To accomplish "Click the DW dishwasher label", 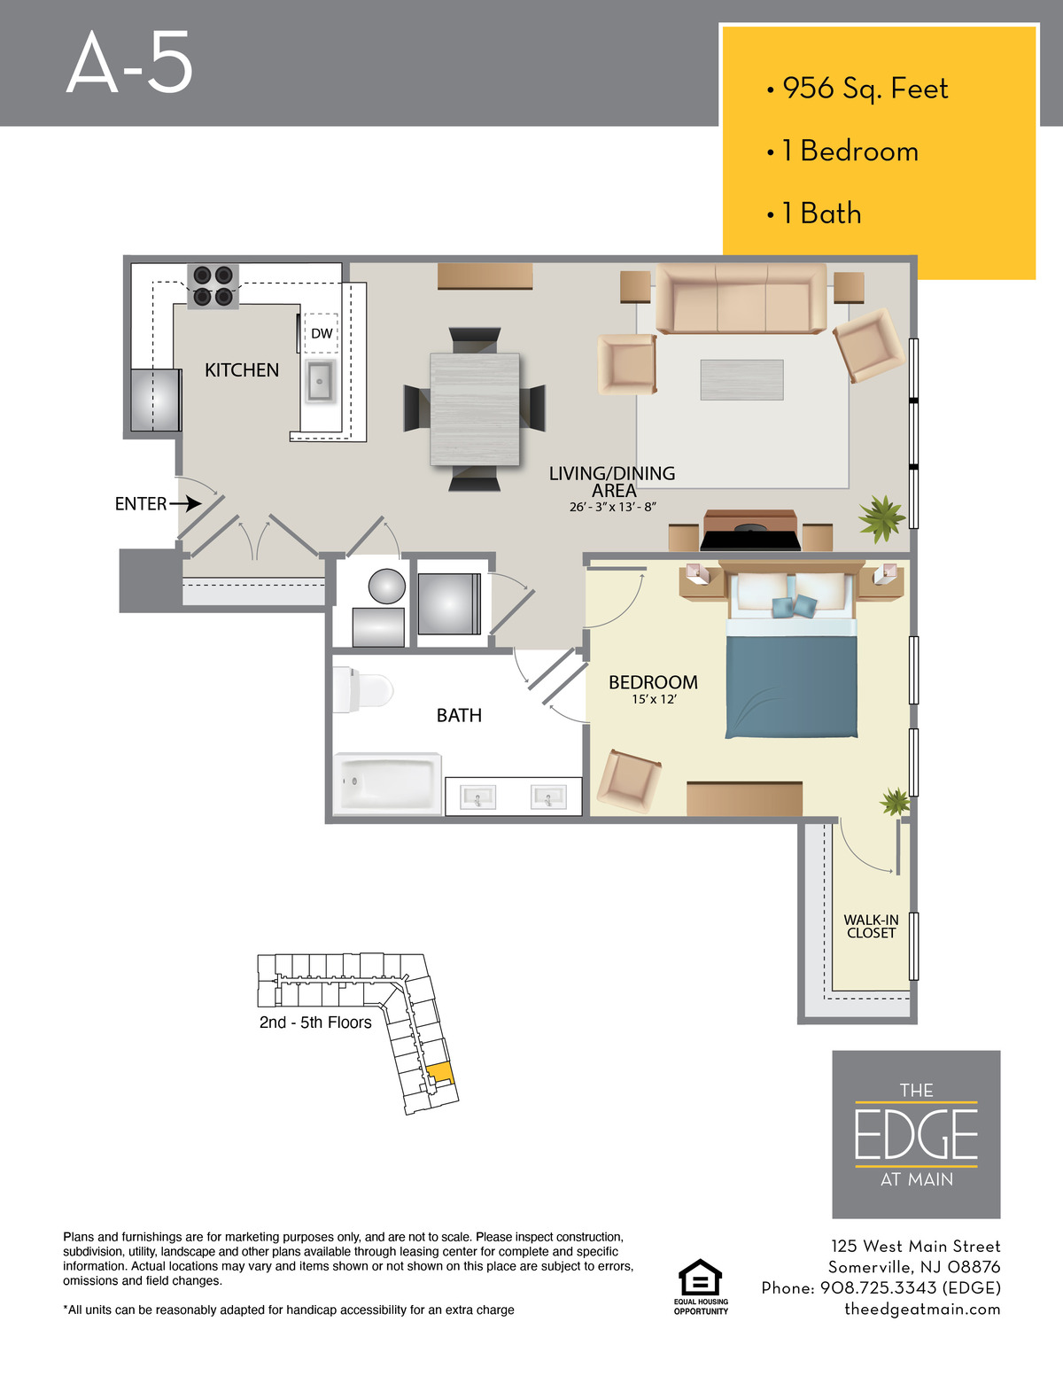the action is (x=322, y=333).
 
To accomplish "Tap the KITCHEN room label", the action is (x=242, y=369).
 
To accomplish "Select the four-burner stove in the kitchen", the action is (x=213, y=286).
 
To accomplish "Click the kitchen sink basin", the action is (x=321, y=381).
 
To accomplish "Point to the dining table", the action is (x=475, y=409).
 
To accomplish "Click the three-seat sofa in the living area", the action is (x=741, y=299).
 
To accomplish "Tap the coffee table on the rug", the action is (x=742, y=380).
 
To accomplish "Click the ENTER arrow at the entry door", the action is (x=185, y=503).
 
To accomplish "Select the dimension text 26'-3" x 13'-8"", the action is (x=612, y=507).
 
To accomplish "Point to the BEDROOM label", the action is (x=654, y=682).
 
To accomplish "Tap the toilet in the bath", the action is (x=363, y=689).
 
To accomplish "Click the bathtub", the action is (x=387, y=783).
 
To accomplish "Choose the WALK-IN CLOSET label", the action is (x=871, y=927).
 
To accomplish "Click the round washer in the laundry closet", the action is (x=387, y=586).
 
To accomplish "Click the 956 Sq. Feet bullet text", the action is (x=865, y=89).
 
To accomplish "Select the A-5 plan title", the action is (x=129, y=63).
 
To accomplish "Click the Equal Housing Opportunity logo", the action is (x=700, y=1287).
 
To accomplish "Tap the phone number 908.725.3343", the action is (x=878, y=1288).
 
